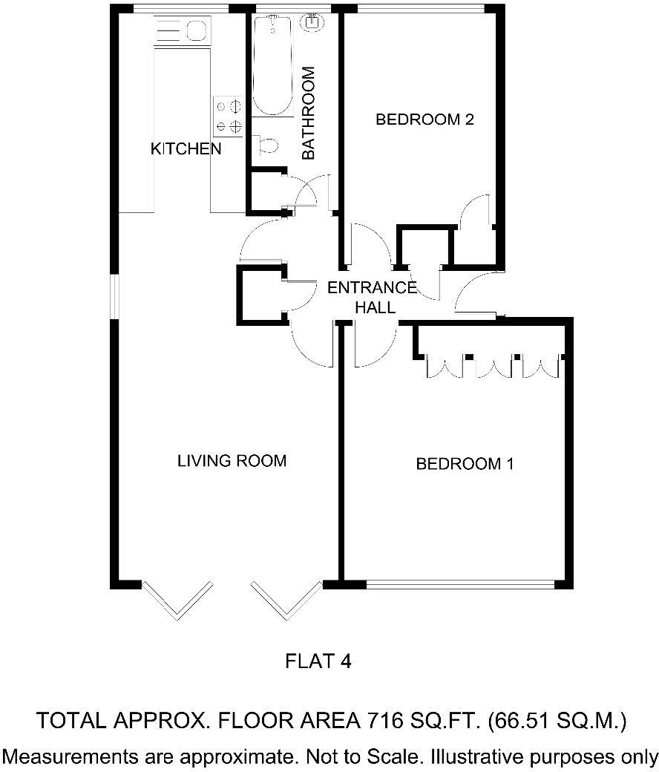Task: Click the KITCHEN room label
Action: point(186,148)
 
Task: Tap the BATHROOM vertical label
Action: point(309,113)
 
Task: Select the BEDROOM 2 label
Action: point(424,120)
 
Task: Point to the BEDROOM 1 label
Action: point(465,464)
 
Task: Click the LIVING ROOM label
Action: point(232,461)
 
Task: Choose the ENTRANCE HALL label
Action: point(373,297)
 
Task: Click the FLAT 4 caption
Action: point(318,661)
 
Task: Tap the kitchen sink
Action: point(195,31)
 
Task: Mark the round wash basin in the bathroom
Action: point(312,24)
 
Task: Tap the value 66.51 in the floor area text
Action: point(519,720)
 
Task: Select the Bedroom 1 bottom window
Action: point(460,584)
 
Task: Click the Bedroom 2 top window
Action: point(421,8)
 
